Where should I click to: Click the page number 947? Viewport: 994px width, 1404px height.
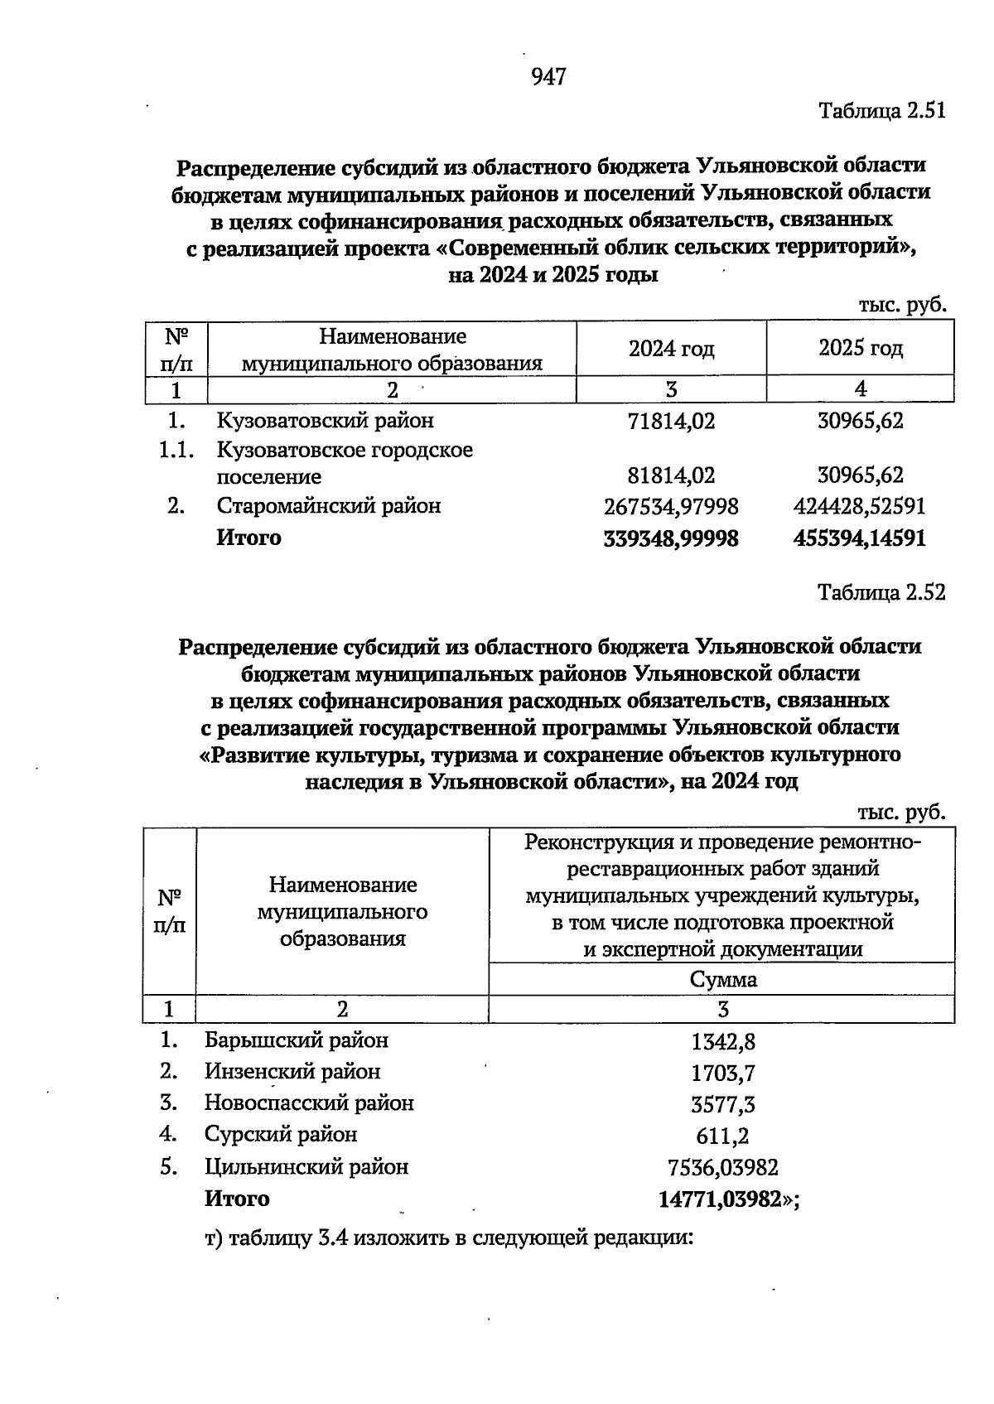tap(548, 77)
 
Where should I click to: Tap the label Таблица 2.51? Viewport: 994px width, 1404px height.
tap(881, 110)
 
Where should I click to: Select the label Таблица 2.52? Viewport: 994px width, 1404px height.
tap(881, 593)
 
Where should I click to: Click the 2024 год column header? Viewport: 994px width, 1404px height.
tap(671, 349)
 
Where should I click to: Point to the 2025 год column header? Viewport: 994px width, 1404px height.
tap(861, 349)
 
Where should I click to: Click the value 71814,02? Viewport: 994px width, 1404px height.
tap(671, 422)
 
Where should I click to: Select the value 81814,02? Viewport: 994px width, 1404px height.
tap(671, 477)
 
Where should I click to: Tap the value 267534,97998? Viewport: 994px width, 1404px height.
tap(671, 506)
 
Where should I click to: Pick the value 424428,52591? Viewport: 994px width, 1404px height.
tap(860, 506)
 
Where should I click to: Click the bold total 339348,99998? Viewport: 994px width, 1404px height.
tap(671, 539)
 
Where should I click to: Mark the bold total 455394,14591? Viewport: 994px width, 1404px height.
tap(860, 539)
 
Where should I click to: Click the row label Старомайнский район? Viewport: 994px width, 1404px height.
tap(328, 506)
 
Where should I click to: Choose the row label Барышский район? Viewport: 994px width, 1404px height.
tap(297, 1040)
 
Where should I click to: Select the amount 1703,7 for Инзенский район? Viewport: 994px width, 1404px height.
tap(722, 1074)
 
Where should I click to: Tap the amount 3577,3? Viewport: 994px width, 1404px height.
tap(722, 1105)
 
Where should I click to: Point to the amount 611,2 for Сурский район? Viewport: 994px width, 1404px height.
tap(722, 1136)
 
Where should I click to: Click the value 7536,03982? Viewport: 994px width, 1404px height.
tap(722, 1168)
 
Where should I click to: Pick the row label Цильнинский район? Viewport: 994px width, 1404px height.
tap(306, 1168)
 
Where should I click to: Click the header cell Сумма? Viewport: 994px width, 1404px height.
tap(722, 980)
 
